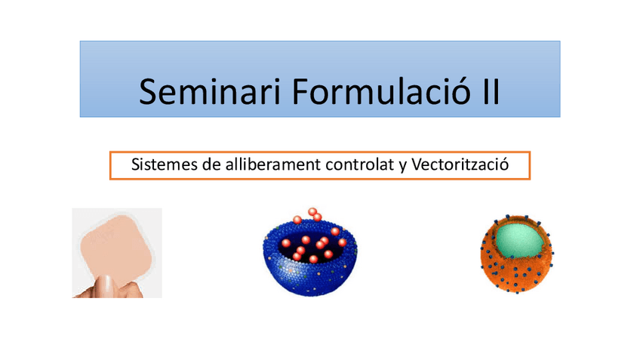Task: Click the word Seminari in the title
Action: [x=210, y=92]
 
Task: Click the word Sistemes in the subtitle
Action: [x=156, y=165]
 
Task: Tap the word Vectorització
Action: [x=460, y=164]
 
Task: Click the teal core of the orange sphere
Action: [x=519, y=240]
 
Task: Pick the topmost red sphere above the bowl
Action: [x=312, y=211]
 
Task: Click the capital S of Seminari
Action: [x=148, y=92]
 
